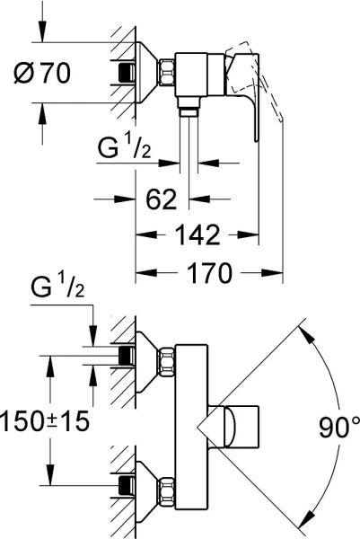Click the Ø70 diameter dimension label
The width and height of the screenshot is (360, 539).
click(42, 73)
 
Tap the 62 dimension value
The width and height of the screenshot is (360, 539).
click(162, 199)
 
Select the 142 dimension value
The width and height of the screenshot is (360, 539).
click(198, 234)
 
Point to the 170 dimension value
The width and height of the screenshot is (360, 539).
click(209, 273)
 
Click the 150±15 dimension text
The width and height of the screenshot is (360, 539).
click(45, 421)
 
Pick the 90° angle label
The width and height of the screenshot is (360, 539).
click(339, 427)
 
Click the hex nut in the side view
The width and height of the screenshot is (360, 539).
click(166, 73)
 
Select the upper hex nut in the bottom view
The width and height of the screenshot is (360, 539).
click(166, 361)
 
